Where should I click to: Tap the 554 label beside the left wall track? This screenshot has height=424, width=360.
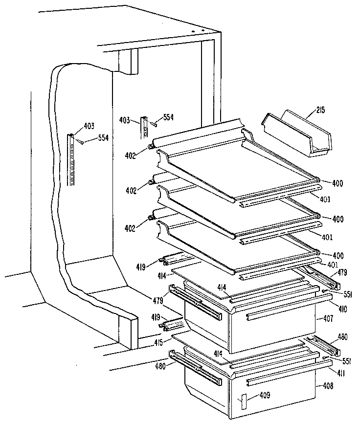point(102,138)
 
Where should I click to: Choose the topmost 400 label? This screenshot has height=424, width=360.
point(337,184)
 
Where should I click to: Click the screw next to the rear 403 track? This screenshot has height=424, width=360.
point(155,124)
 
